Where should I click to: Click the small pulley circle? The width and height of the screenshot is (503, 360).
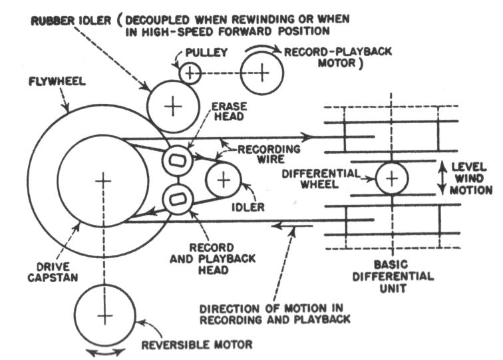tap(190, 72)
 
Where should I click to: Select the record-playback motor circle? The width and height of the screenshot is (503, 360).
tap(264, 71)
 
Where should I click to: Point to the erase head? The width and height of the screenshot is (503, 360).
tap(178, 160)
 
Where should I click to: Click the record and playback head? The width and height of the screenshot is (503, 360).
tap(178, 198)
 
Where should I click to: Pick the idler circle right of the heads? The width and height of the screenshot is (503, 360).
tap(223, 180)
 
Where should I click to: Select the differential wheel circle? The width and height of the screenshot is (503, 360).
tap(393, 178)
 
